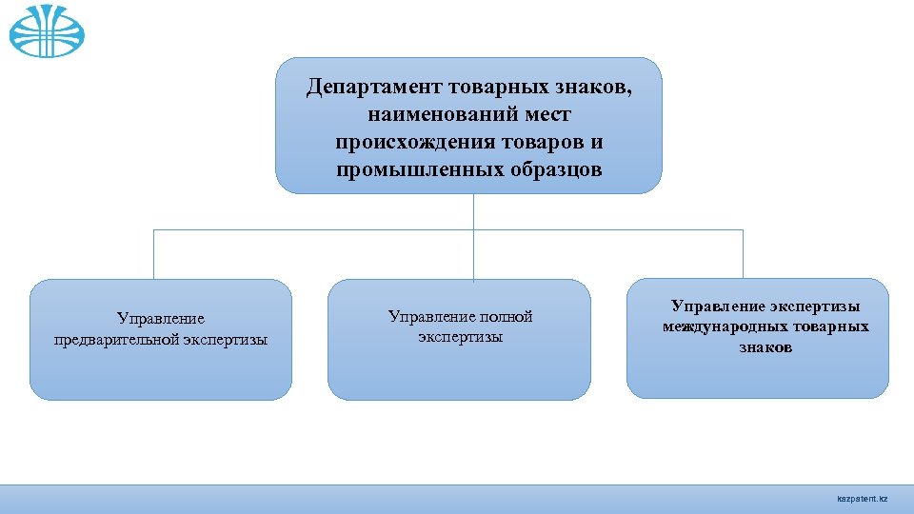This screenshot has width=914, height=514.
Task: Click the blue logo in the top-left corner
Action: [47, 30]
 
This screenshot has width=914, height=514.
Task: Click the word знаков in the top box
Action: [590, 88]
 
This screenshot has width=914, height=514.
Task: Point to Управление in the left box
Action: [160, 318]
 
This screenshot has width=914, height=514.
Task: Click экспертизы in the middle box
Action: [460, 337]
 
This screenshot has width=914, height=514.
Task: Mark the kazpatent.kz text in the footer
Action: [861, 499]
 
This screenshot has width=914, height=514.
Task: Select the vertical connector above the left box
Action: [153, 254]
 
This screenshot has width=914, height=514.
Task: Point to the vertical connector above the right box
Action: [743, 254]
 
